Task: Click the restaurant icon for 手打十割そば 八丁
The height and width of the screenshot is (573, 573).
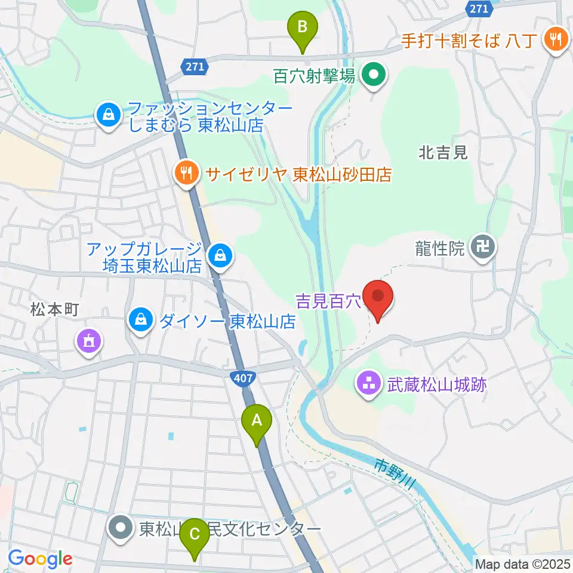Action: [x=556, y=40]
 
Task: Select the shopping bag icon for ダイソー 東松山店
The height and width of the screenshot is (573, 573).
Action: [x=140, y=321]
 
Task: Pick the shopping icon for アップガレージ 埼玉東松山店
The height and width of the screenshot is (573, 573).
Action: [x=220, y=257]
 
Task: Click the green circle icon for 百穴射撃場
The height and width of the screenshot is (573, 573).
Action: [x=374, y=76]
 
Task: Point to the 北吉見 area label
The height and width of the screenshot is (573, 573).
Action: [x=443, y=153]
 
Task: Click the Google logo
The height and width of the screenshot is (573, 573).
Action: [x=40, y=559]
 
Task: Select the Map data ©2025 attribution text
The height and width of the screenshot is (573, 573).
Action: [x=522, y=563]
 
